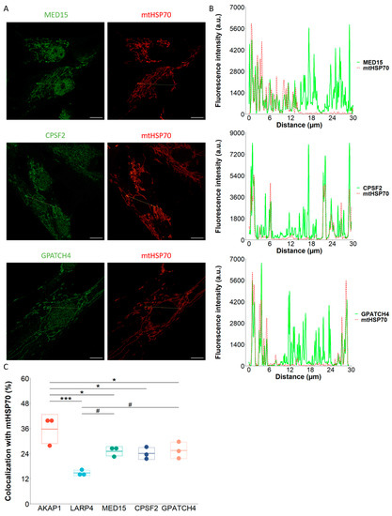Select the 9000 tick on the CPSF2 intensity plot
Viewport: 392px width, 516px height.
(234, 128)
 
